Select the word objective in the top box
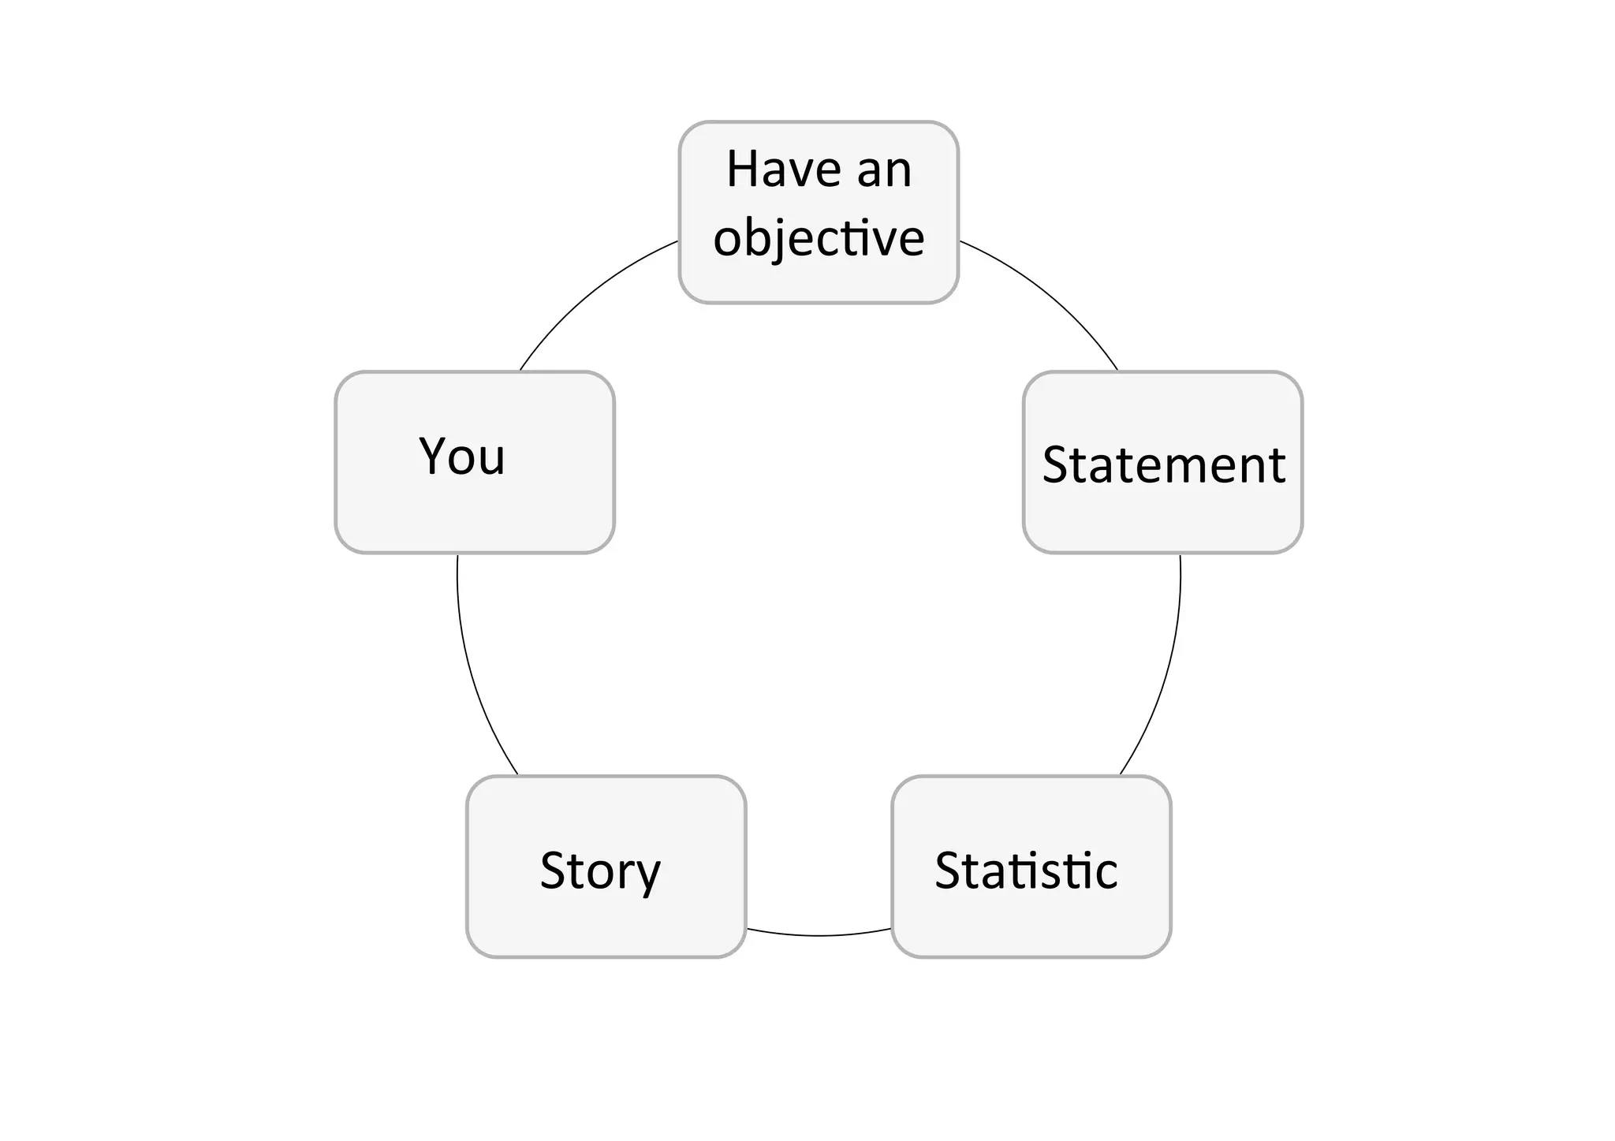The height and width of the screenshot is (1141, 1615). click(819, 238)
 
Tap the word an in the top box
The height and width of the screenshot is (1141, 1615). click(884, 171)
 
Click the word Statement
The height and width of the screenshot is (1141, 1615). click(1163, 464)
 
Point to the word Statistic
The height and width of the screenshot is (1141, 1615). click(1026, 871)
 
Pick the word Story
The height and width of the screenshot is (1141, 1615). click(600, 871)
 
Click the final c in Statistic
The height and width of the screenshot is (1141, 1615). click(1106, 874)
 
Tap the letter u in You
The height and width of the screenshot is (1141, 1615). click(491, 461)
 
